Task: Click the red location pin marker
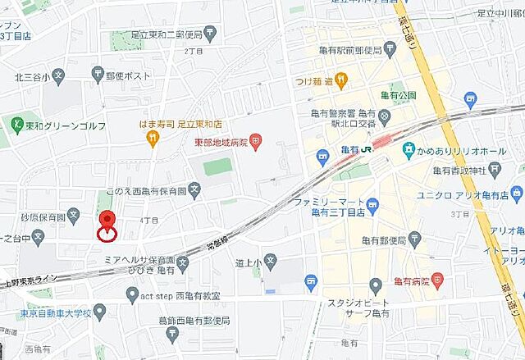(107, 222)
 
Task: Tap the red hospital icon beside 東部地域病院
(256, 141)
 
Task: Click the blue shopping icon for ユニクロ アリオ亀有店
(516, 194)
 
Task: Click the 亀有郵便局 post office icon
(415, 240)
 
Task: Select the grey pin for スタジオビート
(376, 285)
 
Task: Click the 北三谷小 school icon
(58, 76)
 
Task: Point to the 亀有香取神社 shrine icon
(495, 170)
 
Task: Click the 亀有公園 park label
(398, 95)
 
